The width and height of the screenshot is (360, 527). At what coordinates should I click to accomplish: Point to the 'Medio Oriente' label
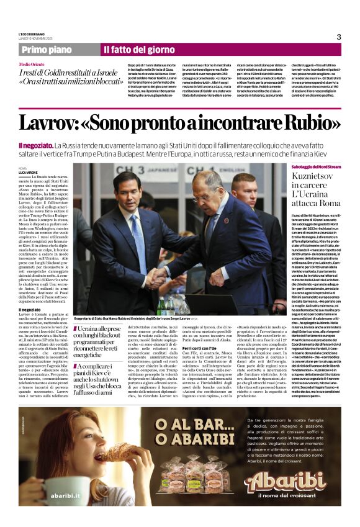click(32, 65)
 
